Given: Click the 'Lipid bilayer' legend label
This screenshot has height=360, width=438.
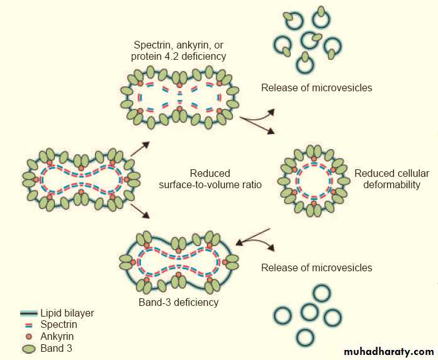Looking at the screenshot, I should coord(67,313).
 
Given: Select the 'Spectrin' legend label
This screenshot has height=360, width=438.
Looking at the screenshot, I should coord(59,325).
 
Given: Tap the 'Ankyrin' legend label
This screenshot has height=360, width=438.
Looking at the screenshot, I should coord(57,336).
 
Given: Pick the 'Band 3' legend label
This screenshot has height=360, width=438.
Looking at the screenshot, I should coord(56,347).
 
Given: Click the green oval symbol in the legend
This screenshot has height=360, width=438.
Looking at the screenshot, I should coord(28,348).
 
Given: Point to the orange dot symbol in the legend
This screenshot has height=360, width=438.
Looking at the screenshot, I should coord(28,337).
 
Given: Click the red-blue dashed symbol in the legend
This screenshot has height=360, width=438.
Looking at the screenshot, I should coord(28,325).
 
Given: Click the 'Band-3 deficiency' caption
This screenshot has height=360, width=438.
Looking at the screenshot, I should coord(178,302).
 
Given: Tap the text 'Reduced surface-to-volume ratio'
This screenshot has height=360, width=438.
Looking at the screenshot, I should coord(210,179).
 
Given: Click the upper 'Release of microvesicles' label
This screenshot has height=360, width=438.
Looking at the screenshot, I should coord(317,87).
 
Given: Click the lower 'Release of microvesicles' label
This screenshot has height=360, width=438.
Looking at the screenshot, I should coord(317,267).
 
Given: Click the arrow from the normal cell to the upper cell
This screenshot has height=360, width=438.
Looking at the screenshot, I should coord(140,148).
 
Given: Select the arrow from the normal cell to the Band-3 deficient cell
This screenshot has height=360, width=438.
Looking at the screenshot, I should coord(140,210).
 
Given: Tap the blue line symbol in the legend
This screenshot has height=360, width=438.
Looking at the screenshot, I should coord(28,313).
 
